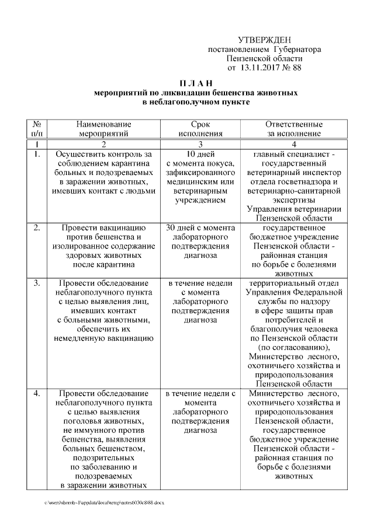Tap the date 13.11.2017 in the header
pos(259,68)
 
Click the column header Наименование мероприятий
pos(103,128)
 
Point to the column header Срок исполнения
pos(200,128)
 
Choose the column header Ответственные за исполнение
pos(293,128)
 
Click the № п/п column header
pos(36,128)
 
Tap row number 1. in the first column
pos(36,154)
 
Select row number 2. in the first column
pos(36,227)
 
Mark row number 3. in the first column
pos(36,283)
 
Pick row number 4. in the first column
pos(36,394)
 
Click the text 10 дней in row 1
pos(200,154)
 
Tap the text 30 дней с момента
pos(200,227)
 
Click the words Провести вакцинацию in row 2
pos(103,227)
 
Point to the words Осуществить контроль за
pos(103,154)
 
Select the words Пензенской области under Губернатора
pos(265,59)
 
